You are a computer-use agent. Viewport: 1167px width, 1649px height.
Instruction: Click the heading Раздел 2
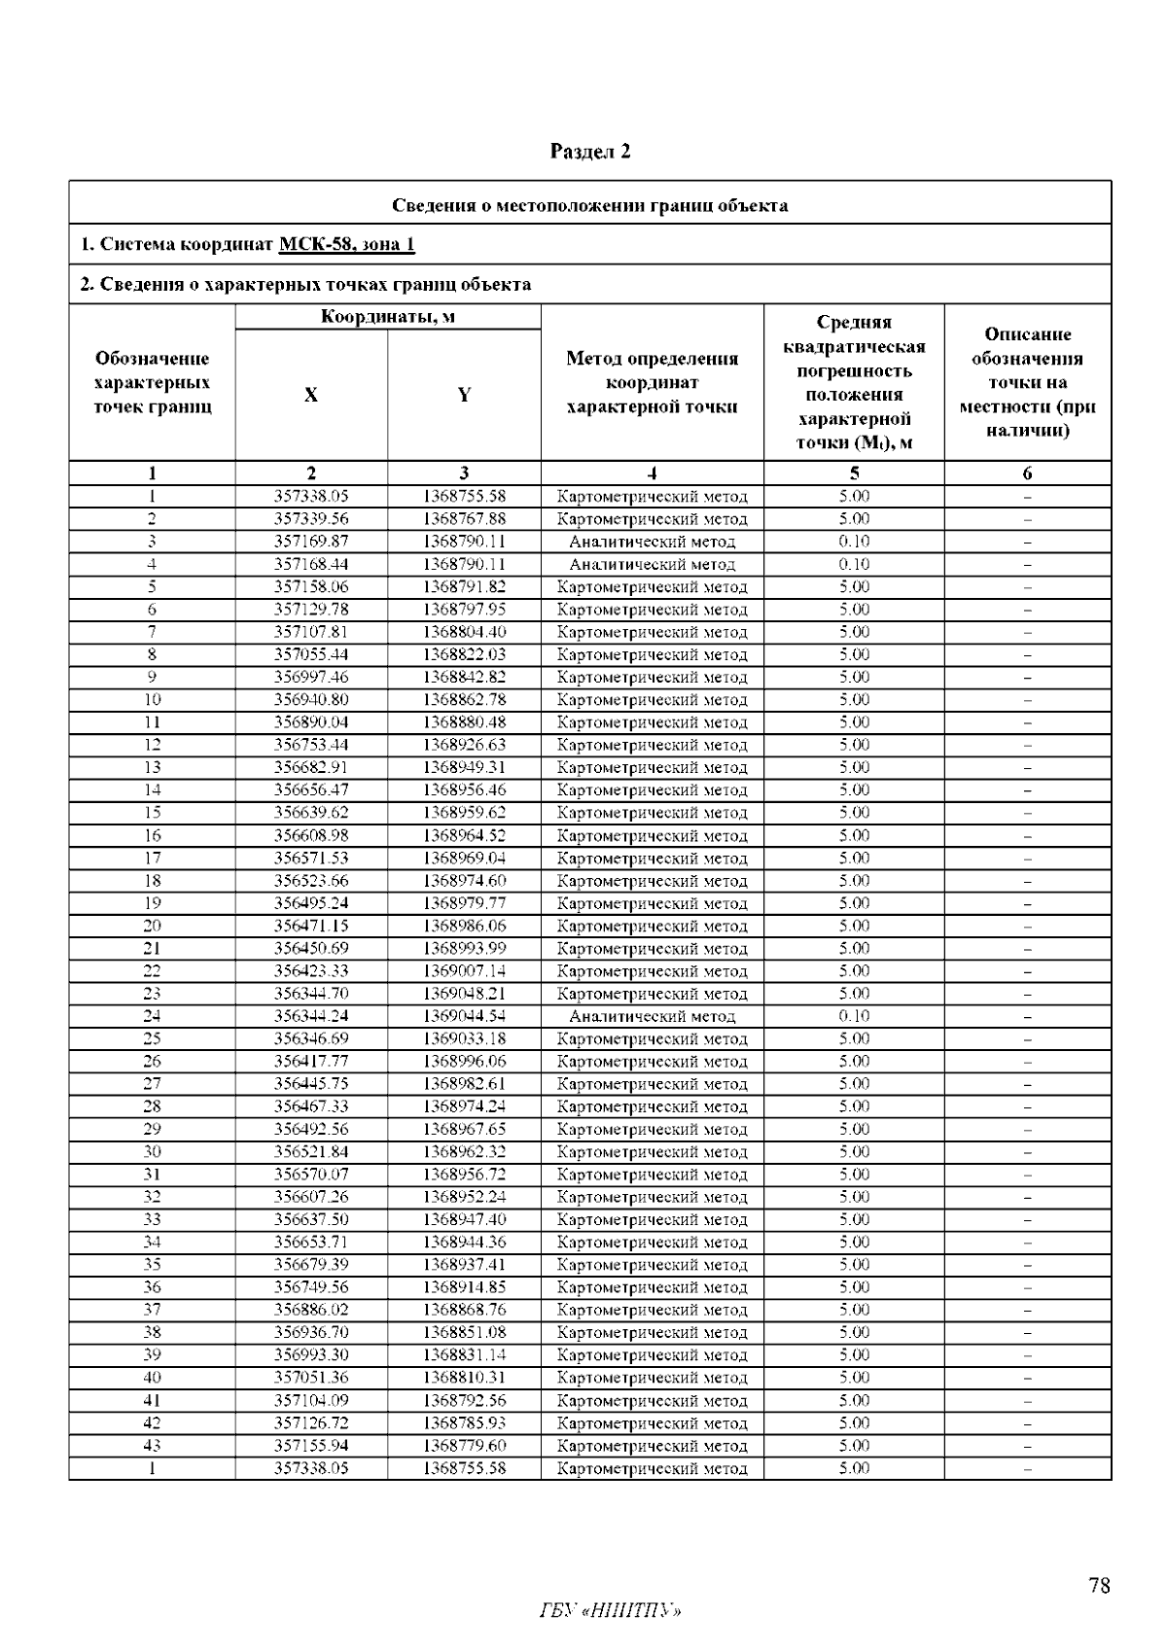pyautogui.click(x=590, y=152)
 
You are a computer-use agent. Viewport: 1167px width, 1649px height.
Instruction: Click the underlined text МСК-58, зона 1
pyautogui.click(x=347, y=244)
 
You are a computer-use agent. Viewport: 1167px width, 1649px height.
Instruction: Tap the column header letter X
pyautogui.click(x=310, y=395)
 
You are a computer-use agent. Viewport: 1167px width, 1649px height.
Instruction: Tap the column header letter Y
pyautogui.click(x=464, y=395)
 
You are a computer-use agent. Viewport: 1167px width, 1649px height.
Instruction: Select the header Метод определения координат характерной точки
pyautogui.click(x=652, y=382)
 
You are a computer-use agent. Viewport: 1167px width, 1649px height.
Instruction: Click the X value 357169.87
pyautogui.click(x=311, y=542)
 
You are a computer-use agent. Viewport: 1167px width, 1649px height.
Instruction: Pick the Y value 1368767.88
pyautogui.click(x=464, y=519)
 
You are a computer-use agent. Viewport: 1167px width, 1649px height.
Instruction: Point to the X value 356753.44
pyautogui.click(x=311, y=745)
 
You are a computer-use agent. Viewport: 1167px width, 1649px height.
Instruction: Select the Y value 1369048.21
pyautogui.click(x=464, y=994)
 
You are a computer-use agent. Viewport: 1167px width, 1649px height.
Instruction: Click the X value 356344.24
pyautogui.click(x=311, y=1016)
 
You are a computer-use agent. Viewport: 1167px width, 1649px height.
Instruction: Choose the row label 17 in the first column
pyautogui.click(x=152, y=858)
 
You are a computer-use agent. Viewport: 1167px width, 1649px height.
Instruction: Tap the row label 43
pyautogui.click(x=152, y=1446)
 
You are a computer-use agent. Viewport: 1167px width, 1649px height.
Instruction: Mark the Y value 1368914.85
pyautogui.click(x=464, y=1287)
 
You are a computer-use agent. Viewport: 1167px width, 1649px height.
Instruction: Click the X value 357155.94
pyautogui.click(x=311, y=1446)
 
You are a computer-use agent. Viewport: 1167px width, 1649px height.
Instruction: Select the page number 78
pyautogui.click(x=1099, y=1587)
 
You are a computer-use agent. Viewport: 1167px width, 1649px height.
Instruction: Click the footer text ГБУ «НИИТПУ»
pyautogui.click(x=610, y=1612)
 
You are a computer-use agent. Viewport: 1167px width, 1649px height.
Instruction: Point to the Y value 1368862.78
pyautogui.click(x=464, y=700)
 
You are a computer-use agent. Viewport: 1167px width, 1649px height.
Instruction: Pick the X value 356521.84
pyautogui.click(x=311, y=1152)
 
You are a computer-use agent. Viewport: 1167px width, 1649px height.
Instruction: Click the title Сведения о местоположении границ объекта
pyautogui.click(x=589, y=205)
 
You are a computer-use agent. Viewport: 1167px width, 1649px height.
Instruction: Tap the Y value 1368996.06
pyautogui.click(x=464, y=1062)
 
